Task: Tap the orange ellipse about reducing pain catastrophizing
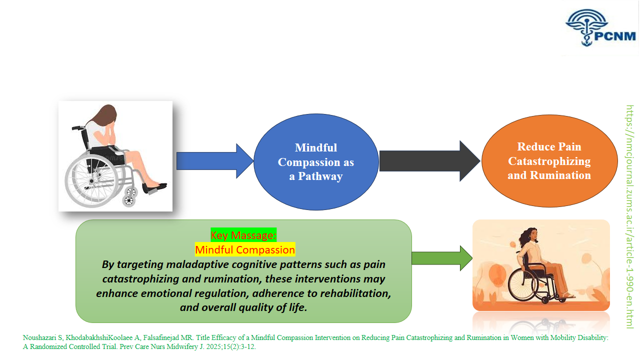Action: point(549,160)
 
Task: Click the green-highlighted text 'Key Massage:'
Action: point(243,235)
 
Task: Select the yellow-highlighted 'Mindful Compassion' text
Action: point(245,249)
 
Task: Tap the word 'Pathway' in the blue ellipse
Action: point(320,176)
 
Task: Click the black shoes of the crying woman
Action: point(154,187)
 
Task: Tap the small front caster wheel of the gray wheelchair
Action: point(129,201)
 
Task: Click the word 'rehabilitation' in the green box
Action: point(355,293)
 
